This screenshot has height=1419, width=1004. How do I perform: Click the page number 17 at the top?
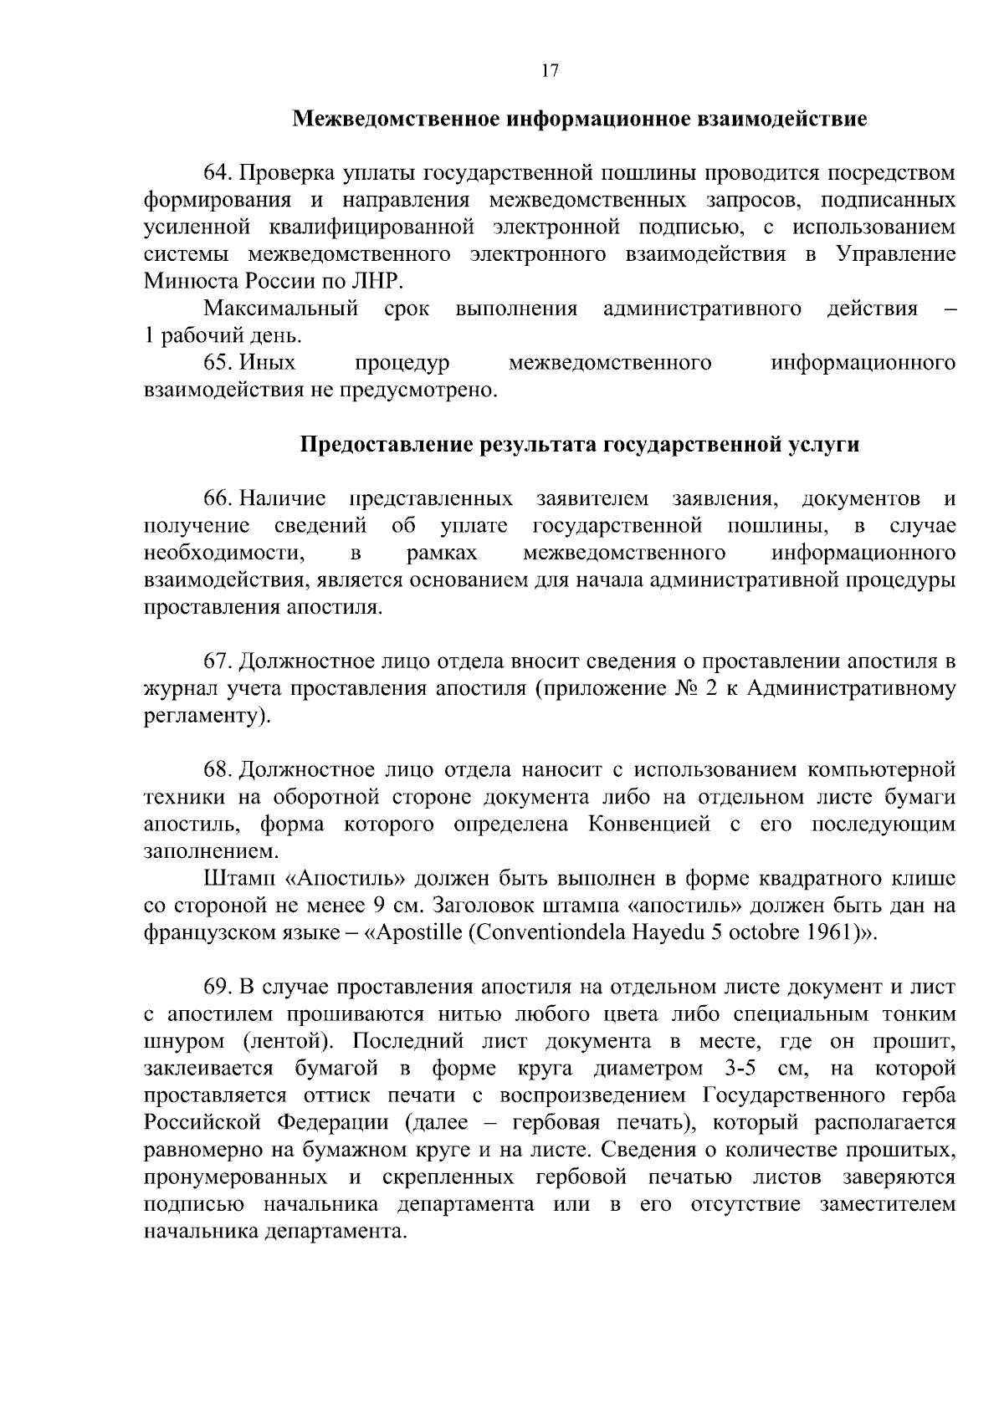click(x=549, y=70)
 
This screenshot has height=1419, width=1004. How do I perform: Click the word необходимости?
click(x=223, y=554)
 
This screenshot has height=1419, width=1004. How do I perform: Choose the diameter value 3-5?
click(x=736, y=1069)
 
